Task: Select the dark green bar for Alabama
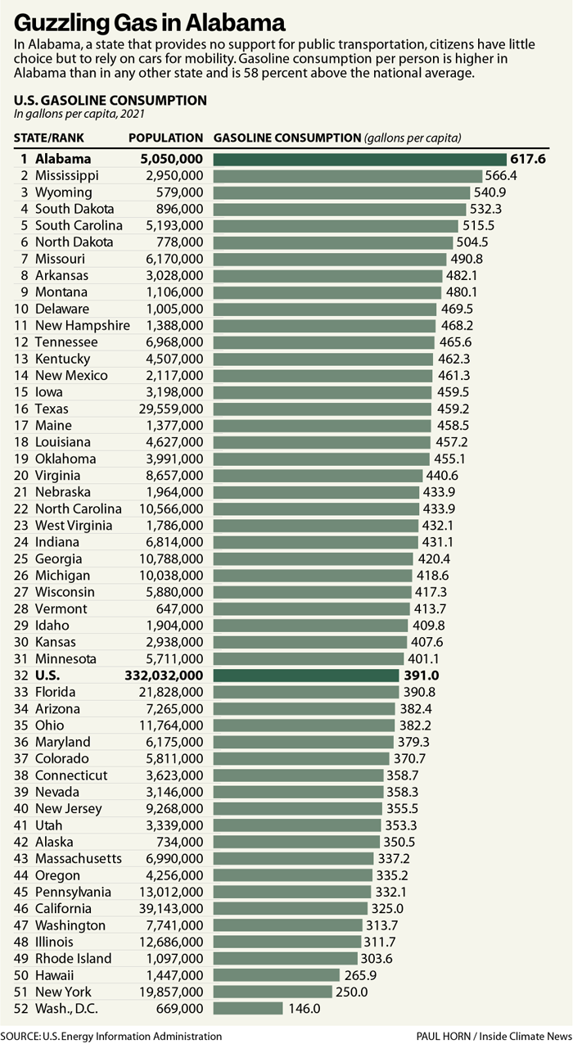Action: (360, 159)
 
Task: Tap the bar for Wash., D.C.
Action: (248, 1008)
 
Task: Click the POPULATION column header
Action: (166, 138)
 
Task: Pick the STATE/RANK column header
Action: (49, 138)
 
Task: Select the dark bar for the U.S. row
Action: (307, 676)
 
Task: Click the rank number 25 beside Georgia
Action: (21, 558)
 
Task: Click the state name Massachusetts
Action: (79, 858)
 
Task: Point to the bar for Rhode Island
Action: (286, 958)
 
